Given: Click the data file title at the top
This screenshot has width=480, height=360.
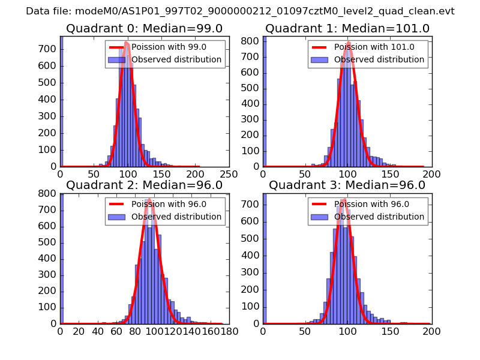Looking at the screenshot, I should [x=240, y=11].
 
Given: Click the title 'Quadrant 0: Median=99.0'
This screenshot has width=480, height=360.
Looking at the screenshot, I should [x=144, y=29].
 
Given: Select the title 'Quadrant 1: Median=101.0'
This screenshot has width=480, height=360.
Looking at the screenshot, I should [x=347, y=29].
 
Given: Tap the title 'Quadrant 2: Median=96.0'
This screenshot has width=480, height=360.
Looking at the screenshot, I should [x=144, y=185].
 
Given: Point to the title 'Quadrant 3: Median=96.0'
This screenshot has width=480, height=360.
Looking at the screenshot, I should [x=347, y=185].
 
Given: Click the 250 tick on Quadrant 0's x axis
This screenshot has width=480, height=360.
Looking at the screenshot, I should [x=229, y=174].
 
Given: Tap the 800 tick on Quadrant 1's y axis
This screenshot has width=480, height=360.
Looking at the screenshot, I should [x=252, y=41].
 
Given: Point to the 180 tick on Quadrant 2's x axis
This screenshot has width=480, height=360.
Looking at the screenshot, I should [x=229, y=331].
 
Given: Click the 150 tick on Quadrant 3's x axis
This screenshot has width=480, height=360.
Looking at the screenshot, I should [x=390, y=331].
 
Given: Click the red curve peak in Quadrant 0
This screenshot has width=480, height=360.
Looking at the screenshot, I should [x=126, y=43].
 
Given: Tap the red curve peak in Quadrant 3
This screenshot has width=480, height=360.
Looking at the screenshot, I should [x=344, y=199].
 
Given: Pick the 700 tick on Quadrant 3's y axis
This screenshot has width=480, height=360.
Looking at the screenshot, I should [x=252, y=204].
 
